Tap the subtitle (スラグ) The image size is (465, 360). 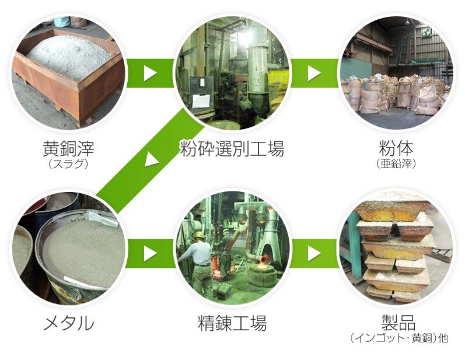tap(68, 163)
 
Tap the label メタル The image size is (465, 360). tap(68, 323)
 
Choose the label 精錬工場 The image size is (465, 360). tap(232, 323)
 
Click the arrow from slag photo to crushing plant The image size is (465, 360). tap(150, 73)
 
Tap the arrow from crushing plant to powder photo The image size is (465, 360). tap(314, 73)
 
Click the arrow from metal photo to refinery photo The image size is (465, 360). tap(150, 253)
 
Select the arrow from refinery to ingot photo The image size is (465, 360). tap(314, 253)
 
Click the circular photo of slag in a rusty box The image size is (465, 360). tap(68, 73)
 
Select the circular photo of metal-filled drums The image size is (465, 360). tap(68, 248)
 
